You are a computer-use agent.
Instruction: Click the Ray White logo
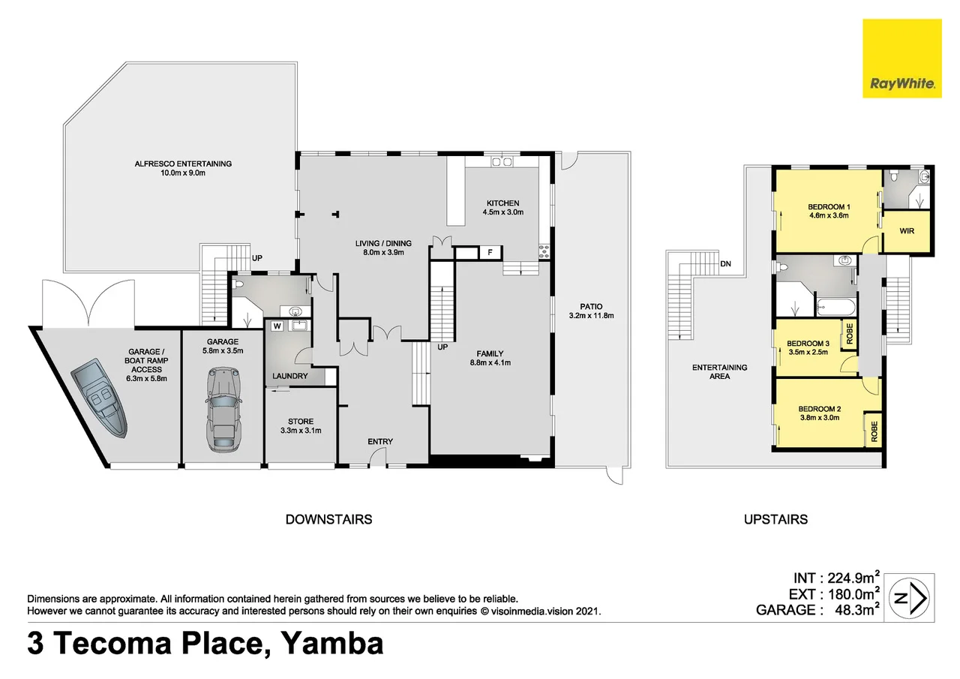(x=902, y=59)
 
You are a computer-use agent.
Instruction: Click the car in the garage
(x=222, y=409)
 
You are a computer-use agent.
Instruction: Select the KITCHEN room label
(x=502, y=203)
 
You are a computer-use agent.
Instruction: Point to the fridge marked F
(x=490, y=253)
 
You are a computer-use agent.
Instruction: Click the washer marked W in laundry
(x=277, y=326)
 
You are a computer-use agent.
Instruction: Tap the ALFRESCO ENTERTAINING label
(x=183, y=164)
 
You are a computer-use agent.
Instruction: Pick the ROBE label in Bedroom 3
(x=849, y=332)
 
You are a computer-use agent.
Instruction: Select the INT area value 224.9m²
(x=852, y=578)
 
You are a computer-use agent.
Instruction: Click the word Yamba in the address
(x=331, y=644)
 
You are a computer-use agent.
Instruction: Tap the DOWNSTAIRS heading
(x=328, y=519)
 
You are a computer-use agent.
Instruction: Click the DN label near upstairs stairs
(x=725, y=264)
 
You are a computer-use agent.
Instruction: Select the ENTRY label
(x=380, y=442)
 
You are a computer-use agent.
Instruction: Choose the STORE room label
(x=301, y=422)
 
